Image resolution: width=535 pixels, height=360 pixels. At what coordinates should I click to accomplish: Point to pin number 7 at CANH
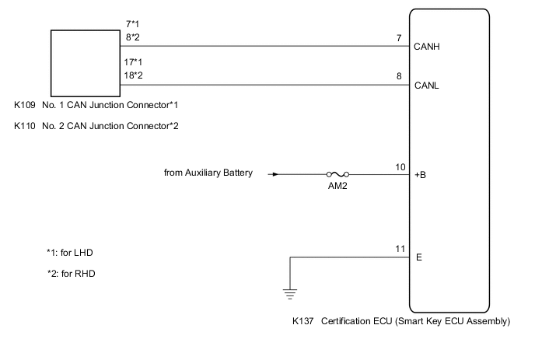(398, 38)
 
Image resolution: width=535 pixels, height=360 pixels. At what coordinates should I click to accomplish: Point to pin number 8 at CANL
(398, 77)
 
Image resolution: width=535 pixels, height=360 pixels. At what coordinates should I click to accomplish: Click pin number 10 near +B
(400, 166)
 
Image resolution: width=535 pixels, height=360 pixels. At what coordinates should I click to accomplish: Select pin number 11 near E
(400, 249)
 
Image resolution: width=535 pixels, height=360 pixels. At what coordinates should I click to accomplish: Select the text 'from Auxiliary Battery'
(208, 173)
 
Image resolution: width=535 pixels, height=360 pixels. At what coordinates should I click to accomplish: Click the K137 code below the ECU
(302, 320)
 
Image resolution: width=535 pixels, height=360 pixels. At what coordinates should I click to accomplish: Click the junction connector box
(80, 61)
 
